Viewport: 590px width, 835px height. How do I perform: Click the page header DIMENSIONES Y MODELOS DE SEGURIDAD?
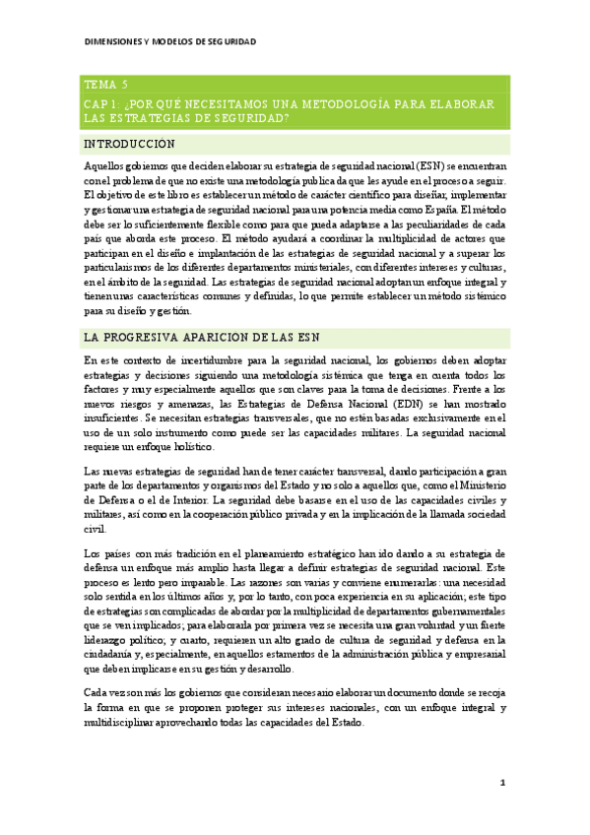pos(169,41)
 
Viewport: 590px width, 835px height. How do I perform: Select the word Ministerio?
pos(482,484)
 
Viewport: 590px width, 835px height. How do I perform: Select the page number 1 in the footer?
pos(502,782)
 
